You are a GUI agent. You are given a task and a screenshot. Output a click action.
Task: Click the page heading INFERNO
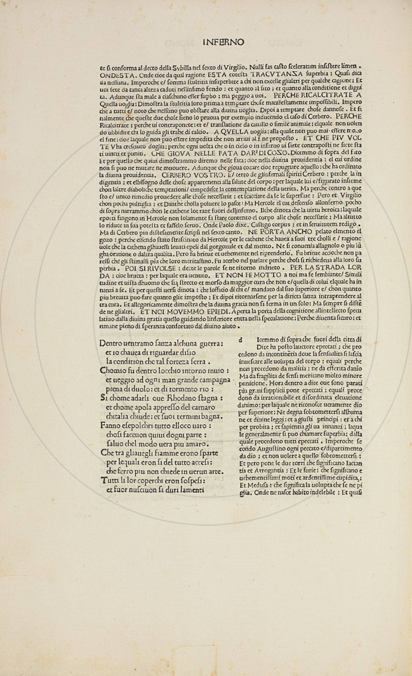coord(224,42)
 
